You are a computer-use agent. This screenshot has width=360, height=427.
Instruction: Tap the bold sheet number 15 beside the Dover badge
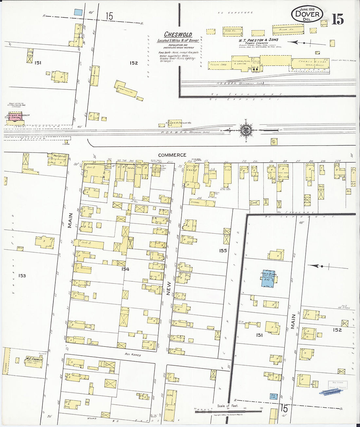[x=337, y=20]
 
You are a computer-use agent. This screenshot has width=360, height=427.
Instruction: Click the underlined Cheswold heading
[x=178, y=34]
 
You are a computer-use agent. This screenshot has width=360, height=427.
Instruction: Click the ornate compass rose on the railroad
[x=246, y=130]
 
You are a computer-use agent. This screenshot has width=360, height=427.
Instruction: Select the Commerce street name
[x=172, y=155]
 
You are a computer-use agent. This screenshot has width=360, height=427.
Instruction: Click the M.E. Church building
[x=34, y=361]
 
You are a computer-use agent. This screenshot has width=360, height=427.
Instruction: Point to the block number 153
[x=22, y=276]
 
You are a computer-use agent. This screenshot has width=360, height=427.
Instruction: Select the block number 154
[x=125, y=269]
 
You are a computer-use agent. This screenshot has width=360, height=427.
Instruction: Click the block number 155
[x=223, y=251]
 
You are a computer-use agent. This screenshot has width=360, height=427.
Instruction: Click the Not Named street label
[x=132, y=354]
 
